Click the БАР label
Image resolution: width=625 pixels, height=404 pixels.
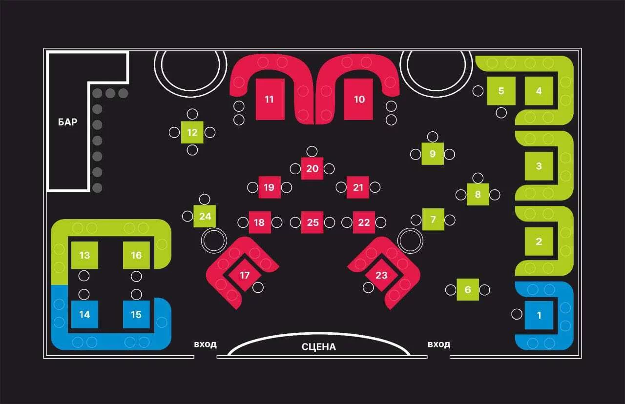[x=67, y=122]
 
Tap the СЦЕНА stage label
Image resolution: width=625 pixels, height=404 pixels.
[x=319, y=347]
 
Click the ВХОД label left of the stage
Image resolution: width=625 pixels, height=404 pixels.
[x=205, y=344]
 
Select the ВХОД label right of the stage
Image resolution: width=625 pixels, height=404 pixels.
[x=439, y=344]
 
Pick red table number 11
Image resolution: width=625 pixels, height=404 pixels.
[x=270, y=99]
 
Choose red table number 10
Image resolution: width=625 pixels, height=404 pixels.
[x=358, y=99]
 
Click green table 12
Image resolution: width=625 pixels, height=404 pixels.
[x=192, y=132]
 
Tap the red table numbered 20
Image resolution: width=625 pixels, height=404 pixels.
[x=312, y=168]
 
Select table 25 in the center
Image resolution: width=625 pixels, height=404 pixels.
[x=312, y=222]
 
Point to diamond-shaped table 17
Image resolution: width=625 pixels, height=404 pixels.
[x=245, y=275]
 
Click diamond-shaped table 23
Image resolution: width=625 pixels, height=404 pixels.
[x=381, y=275]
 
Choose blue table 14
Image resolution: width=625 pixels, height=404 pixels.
[x=84, y=315]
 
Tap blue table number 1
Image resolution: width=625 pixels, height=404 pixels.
[x=539, y=315]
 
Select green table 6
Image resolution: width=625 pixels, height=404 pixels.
[x=468, y=290]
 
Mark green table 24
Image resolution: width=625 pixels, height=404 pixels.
[x=205, y=216]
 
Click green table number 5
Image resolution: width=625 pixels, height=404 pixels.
[x=501, y=91]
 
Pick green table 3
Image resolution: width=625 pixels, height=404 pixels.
[x=539, y=166]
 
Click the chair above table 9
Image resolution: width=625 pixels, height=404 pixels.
[x=433, y=137]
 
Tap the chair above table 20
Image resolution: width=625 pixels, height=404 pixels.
[x=312, y=151]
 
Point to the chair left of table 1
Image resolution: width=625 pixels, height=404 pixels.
[x=517, y=314]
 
